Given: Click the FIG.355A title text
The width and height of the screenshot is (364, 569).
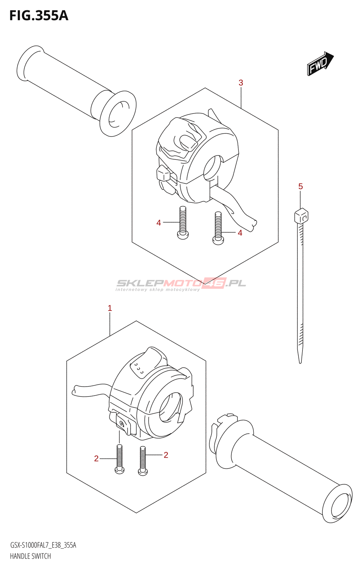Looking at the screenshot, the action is [38, 16].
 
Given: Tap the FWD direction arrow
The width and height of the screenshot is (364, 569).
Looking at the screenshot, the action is [320, 64].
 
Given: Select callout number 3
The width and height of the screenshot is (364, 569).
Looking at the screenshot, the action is [241, 83].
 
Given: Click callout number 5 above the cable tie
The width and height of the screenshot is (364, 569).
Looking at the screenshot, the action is [300, 186].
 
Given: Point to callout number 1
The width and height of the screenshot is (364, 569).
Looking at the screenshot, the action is [110, 308].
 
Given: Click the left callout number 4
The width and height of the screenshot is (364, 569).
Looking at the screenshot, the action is [159, 223].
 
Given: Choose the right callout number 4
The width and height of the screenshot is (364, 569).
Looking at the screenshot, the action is [240, 233].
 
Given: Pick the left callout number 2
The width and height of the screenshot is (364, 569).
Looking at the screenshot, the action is [96, 459].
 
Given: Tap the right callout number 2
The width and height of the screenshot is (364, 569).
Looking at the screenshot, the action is [166, 455].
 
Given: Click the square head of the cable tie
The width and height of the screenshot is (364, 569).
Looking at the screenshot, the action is [301, 216].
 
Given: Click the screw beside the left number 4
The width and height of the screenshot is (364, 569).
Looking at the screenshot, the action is [183, 222].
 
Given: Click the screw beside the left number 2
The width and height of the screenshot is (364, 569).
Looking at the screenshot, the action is [119, 459].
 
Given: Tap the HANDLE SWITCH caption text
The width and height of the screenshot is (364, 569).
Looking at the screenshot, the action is [30, 556].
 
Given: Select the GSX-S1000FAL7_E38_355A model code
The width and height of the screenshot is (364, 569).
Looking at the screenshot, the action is [43, 545].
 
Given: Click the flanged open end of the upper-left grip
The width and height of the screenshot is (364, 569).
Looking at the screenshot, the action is [118, 113].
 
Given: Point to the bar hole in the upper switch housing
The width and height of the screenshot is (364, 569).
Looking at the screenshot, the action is [213, 167].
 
